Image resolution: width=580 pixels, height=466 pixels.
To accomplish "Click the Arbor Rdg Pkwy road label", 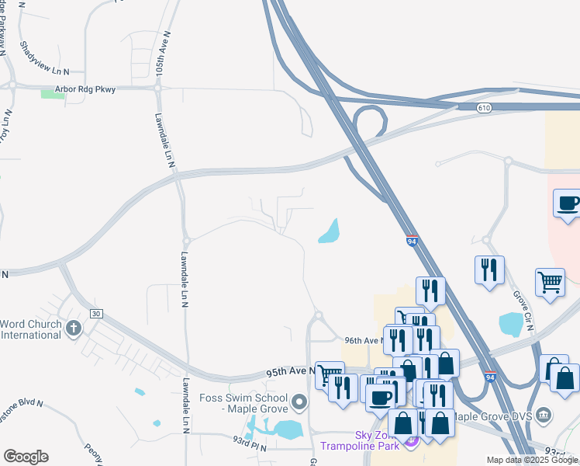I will point(85,89).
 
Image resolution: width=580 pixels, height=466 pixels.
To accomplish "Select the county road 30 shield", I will point(96,313).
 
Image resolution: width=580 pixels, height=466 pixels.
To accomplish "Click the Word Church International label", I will point(30,329).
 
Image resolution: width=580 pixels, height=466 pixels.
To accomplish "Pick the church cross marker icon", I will point(74,328).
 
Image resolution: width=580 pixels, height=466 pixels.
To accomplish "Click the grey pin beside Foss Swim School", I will point(301,402).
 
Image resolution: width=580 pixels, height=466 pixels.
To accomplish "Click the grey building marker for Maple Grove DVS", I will point(544,413).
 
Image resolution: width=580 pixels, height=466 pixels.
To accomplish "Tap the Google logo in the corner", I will point(26,457).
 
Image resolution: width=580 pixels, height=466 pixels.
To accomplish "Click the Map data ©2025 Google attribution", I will point(531,460).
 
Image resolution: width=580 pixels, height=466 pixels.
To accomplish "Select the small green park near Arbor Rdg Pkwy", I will point(53,94).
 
